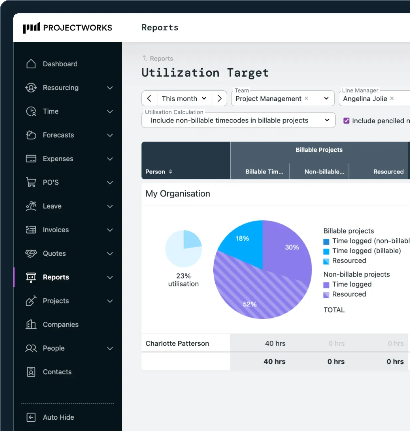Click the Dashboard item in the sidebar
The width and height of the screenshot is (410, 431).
tap(60, 64)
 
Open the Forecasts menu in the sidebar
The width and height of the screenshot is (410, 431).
tap(58, 135)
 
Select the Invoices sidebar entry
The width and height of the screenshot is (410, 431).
tap(56, 230)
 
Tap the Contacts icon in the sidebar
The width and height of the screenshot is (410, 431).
tap(31, 372)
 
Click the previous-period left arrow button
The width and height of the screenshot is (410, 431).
tap(149, 99)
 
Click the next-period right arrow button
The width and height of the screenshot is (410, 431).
tap(219, 99)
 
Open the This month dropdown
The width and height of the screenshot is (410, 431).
tap(184, 99)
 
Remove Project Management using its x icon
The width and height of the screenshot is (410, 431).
tap(306, 98)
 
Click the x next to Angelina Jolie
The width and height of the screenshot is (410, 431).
tap(392, 98)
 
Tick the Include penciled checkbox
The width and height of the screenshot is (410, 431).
tap(346, 121)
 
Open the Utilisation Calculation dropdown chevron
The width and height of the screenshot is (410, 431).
tap(327, 120)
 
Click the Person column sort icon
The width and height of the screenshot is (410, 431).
tap(170, 172)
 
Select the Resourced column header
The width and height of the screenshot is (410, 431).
tap(388, 172)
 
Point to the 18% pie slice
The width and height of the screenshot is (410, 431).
tap(242, 241)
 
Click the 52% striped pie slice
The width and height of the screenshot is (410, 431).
tap(250, 296)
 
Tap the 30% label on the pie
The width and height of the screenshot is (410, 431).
tap(292, 247)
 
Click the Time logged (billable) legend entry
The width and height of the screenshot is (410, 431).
tap(366, 251)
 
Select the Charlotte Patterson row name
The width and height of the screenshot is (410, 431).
tap(177, 343)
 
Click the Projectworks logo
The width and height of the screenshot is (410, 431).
tap(68, 28)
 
